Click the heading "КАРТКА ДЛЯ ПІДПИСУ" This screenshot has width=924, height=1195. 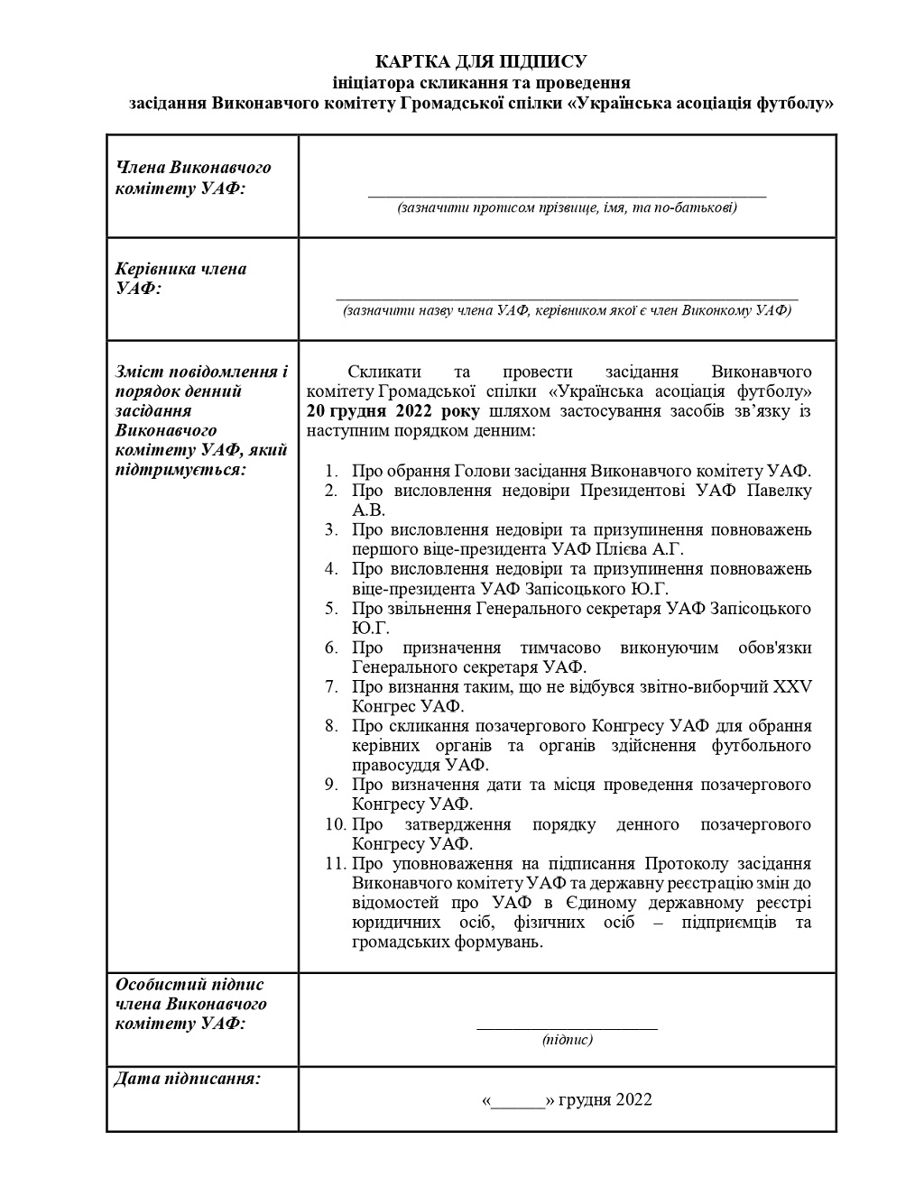[481, 61]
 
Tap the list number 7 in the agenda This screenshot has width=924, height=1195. [331, 686]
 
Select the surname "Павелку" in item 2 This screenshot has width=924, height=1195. [778, 491]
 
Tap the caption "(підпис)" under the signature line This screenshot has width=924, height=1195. [567, 1040]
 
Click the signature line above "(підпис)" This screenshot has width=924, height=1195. [567, 1027]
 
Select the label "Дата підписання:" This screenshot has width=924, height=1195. [188, 1079]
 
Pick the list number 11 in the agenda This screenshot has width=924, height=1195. [335, 863]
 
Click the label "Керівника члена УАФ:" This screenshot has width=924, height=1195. [180, 279]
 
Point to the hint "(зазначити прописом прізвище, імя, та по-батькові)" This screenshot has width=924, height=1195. [567, 208]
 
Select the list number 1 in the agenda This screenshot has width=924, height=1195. [331, 471]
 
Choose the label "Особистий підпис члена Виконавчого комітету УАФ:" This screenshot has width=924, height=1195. [190, 1004]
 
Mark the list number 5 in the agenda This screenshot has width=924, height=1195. [331, 609]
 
